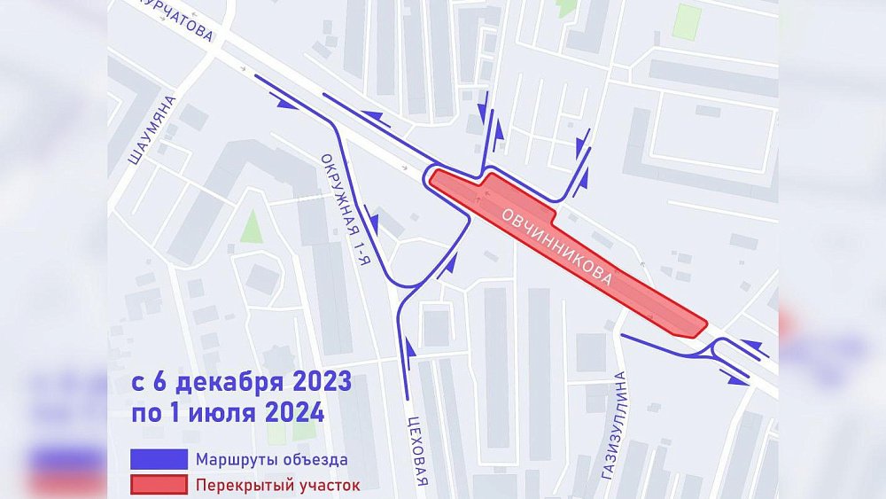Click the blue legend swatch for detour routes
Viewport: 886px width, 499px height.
pos(159,459)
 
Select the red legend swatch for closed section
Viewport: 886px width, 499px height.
pos(159,485)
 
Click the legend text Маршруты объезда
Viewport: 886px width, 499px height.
pos(266,459)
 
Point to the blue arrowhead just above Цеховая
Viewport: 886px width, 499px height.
pos(409,342)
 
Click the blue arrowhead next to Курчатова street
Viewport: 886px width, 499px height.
pos(285,104)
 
